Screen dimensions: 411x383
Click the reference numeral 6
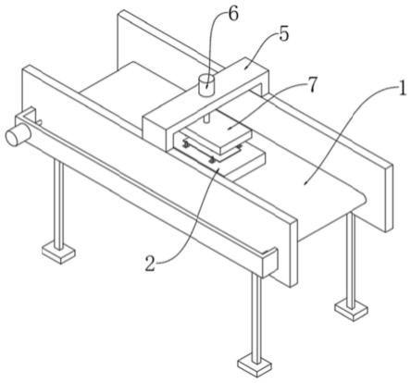coord(232,15)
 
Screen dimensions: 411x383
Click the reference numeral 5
coord(284,33)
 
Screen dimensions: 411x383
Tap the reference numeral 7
coord(312,85)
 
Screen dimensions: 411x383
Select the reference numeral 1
coord(402,89)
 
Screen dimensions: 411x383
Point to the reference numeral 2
coord(150,265)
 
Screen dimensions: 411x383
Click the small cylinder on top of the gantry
coord(205,85)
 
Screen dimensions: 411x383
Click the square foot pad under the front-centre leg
coord(255,365)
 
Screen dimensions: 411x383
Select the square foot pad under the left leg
coord(58,253)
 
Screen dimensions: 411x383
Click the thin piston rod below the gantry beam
coord(206,118)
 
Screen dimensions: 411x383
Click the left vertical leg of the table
coord(58,204)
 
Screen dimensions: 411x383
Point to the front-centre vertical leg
coord(256,317)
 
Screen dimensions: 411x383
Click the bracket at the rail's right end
coord(270,261)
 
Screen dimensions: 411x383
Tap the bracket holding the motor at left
coord(26,115)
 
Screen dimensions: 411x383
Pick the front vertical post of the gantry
coord(156,132)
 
